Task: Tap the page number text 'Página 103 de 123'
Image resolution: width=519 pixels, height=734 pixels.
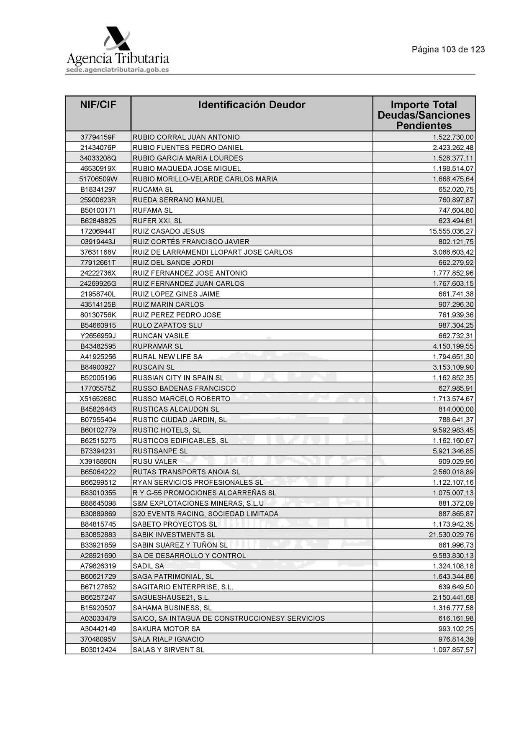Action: [448, 49]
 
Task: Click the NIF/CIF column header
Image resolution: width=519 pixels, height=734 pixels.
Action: [98, 105]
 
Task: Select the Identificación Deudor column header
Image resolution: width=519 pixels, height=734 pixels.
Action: [252, 105]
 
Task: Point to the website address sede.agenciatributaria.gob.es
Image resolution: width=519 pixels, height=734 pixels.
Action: [118, 70]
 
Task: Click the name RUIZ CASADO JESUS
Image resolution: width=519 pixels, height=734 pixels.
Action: [169, 231]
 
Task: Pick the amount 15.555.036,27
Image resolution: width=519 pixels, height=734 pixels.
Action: [451, 231]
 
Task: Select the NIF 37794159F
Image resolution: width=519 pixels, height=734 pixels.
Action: [98, 137]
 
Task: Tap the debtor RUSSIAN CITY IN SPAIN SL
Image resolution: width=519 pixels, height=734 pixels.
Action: [178, 378]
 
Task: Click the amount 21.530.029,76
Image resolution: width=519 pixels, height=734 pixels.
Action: [451, 535]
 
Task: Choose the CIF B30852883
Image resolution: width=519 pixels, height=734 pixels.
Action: [98, 535]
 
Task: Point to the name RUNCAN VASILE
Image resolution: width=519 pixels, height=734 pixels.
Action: [161, 336]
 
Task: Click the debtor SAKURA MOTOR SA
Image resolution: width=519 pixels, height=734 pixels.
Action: [166, 629]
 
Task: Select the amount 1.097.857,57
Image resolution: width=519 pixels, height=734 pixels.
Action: [453, 650]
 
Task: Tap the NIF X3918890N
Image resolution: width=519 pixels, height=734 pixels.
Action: [98, 461]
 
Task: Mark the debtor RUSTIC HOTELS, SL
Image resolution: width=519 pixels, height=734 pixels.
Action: [167, 430]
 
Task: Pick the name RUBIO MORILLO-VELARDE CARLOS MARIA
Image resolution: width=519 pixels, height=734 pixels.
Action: [205, 179]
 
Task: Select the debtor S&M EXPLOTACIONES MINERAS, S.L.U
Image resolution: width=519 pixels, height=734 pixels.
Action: [198, 503]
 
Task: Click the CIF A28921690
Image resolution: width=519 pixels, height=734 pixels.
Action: [98, 555]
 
